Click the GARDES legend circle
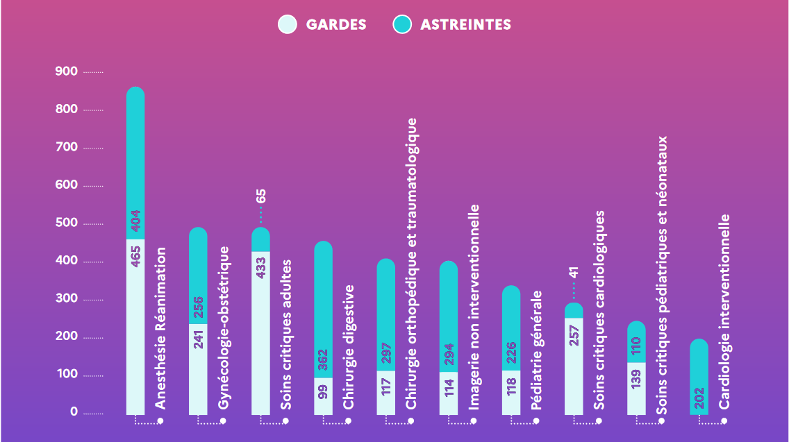288,24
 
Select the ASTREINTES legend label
465,25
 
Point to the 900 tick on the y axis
67,71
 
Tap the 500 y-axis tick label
67,223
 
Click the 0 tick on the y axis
74,412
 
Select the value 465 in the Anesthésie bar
136,255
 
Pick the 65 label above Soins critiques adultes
261,196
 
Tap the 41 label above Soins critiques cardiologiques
574,271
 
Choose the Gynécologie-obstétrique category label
224,326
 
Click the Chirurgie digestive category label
349,346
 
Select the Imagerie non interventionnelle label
474,306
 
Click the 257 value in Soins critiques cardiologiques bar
574,334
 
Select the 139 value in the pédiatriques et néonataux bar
637,379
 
